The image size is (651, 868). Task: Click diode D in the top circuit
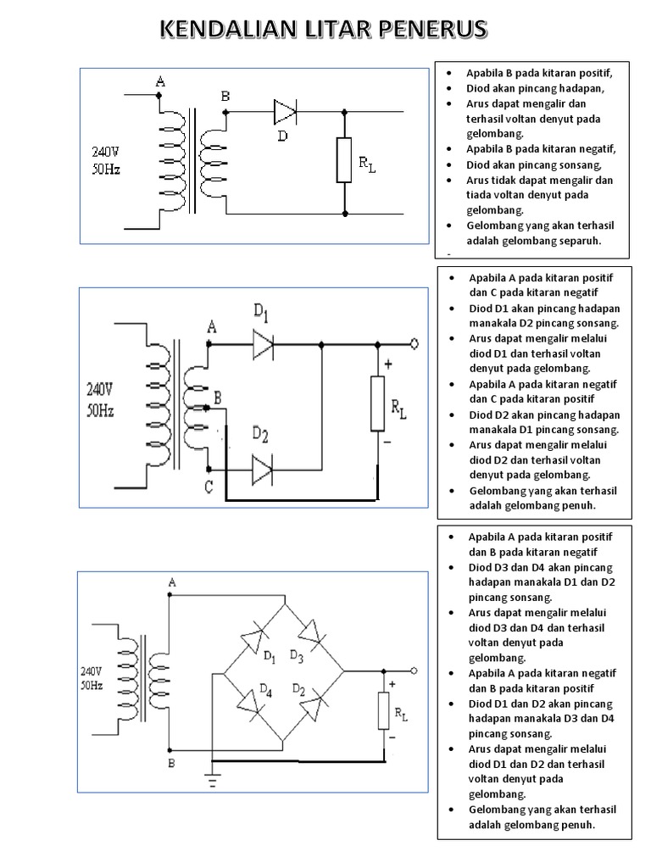[285, 111]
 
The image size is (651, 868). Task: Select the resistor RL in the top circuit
[344, 159]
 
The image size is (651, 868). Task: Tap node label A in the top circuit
[160, 82]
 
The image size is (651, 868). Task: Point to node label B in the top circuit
[225, 97]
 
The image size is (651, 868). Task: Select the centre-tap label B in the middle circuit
[218, 397]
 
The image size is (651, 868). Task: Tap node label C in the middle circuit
[208, 487]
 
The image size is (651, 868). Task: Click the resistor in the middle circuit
[377, 404]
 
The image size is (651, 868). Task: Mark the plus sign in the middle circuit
[388, 365]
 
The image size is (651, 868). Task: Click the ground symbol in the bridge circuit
[212, 779]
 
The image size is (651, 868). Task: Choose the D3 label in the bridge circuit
[297, 655]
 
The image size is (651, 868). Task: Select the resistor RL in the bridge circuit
[383, 710]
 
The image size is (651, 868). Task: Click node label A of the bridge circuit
[172, 583]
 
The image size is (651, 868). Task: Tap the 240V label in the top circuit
[107, 153]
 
